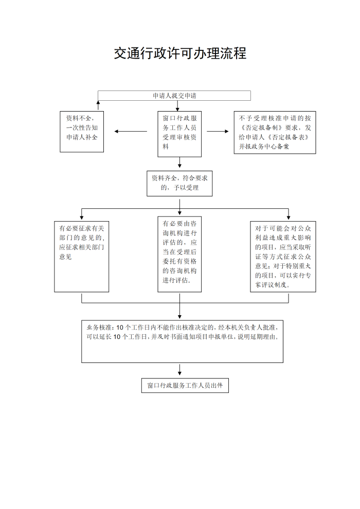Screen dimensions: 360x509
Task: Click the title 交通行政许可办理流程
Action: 180,53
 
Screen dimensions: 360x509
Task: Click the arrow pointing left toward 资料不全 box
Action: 131,132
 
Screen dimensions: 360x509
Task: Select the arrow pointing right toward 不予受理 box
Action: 218,132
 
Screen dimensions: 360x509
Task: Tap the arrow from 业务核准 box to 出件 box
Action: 179,370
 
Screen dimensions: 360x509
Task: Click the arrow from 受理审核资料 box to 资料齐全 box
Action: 179,162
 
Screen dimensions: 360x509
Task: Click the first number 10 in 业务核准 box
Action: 120,328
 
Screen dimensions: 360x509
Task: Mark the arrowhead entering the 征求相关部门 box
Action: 81,217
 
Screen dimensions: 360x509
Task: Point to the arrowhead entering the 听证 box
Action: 289,217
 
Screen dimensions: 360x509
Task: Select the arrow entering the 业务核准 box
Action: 179,305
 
